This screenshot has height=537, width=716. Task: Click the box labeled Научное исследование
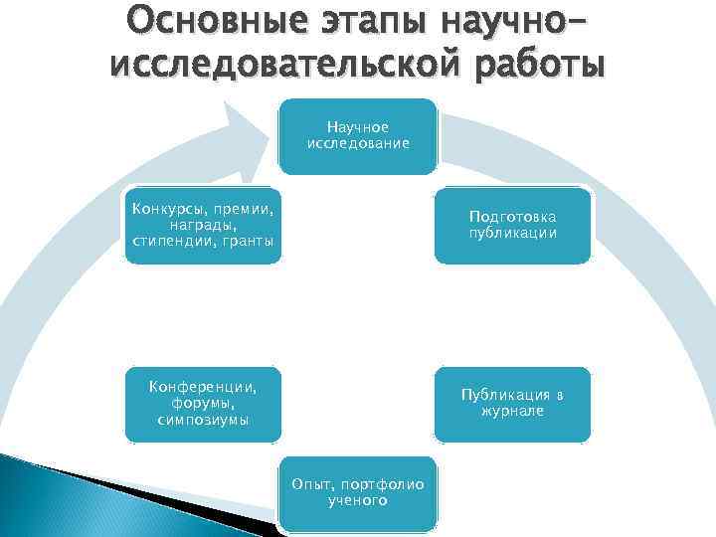[358, 136]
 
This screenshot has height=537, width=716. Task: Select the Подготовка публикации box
[512, 226]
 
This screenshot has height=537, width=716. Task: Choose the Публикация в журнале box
[512, 404]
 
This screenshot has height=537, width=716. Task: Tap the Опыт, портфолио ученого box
[357, 493]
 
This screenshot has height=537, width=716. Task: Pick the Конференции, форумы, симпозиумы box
[203, 404]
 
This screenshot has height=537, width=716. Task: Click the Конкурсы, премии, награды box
[203, 226]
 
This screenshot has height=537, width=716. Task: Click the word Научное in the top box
[358, 127]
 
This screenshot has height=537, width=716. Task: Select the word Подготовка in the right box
[512, 217]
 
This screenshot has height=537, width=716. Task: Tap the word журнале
[512, 412]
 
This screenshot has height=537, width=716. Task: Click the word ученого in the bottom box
[357, 501]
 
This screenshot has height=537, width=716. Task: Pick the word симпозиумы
[203, 421]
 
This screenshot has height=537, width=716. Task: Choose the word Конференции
[203, 386]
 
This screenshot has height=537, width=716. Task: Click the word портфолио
[384, 484]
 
